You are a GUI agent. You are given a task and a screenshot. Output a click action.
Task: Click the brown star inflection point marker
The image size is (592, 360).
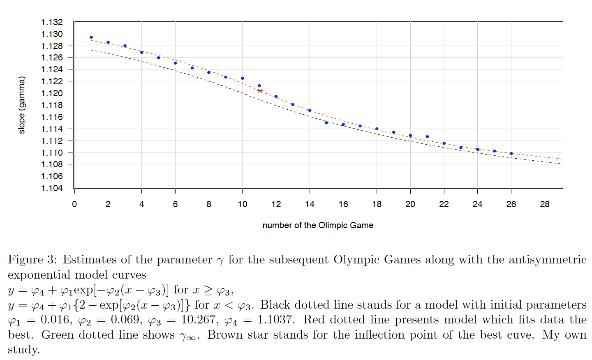coord(260,90)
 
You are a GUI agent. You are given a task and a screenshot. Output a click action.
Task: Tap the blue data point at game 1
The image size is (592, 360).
coord(91,37)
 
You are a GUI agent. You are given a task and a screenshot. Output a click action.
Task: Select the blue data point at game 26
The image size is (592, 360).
coord(511,153)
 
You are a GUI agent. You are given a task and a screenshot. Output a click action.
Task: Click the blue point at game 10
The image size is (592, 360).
coord(243,78)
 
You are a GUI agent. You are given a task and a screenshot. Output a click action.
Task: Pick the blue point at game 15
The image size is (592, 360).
coord(326,122)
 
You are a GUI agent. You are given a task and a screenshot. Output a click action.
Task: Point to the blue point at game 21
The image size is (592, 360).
coord(427,136)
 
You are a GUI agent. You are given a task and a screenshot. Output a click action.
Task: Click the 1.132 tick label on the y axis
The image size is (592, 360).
coord(52,22)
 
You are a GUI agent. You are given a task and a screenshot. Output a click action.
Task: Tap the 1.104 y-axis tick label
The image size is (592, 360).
coord(52,188)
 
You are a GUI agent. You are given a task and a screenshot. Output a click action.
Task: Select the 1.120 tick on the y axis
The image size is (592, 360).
coord(52,93)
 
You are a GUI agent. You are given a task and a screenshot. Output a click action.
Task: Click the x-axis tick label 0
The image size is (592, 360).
coord(74,204)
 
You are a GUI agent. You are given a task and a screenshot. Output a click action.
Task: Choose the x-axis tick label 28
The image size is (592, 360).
coord(545,204)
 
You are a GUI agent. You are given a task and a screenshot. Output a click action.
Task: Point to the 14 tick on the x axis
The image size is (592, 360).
coord(310,204)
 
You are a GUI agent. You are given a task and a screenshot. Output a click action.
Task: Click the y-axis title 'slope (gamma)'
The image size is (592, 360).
coord(22,105)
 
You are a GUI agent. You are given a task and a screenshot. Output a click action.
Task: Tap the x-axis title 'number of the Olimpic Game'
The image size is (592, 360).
coord(318,225)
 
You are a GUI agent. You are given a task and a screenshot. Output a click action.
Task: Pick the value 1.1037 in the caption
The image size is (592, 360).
coord(275,320)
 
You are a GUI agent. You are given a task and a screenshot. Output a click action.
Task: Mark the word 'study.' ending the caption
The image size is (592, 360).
coord(24,350)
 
